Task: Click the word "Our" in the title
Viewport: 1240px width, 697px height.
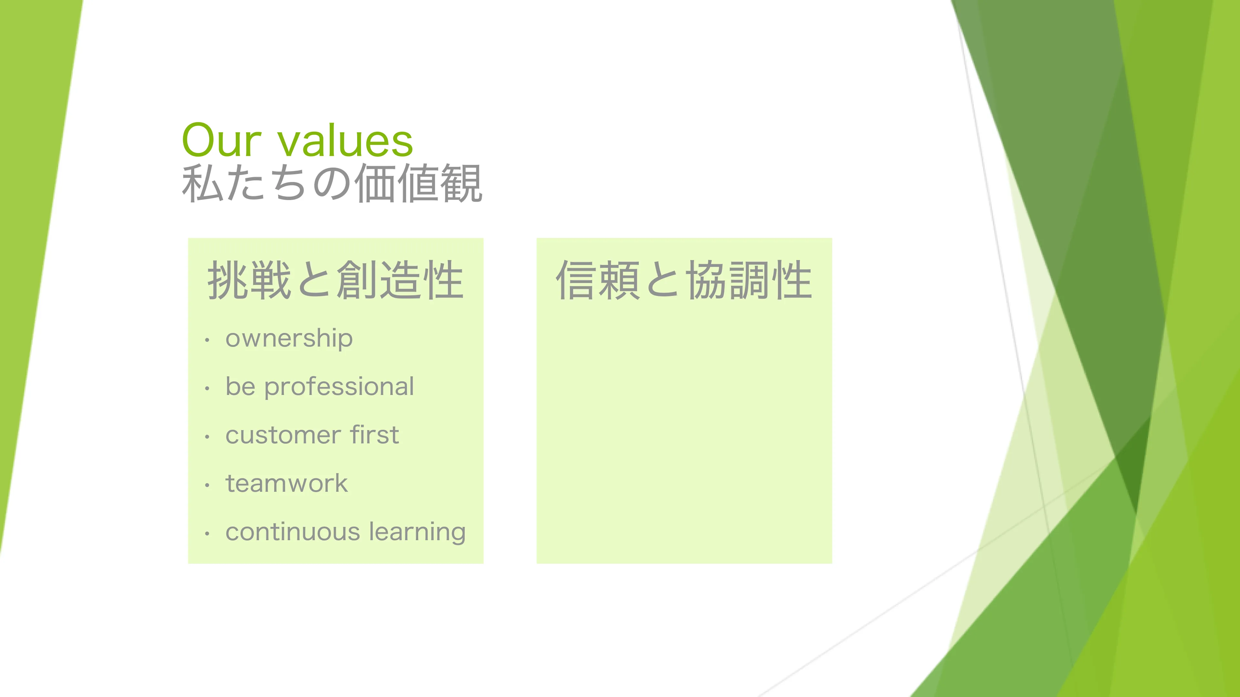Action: [222, 140]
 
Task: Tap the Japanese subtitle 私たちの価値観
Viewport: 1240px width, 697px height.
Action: [332, 183]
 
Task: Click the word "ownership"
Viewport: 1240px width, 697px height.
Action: [289, 338]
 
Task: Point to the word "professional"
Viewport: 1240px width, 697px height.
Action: [339, 387]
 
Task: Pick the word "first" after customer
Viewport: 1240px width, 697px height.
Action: [375, 435]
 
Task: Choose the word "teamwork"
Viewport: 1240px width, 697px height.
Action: [286, 483]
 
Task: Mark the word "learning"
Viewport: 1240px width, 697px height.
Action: [417, 532]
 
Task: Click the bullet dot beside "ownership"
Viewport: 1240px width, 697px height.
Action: [207, 340]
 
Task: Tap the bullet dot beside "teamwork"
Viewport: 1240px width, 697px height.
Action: [207, 485]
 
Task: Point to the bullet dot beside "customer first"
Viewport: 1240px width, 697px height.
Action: [207, 437]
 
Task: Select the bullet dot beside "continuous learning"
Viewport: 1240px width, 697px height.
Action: [207, 533]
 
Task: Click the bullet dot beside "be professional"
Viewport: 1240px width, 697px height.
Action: [207, 388]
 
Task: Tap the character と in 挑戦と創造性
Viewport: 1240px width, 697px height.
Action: [314, 280]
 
